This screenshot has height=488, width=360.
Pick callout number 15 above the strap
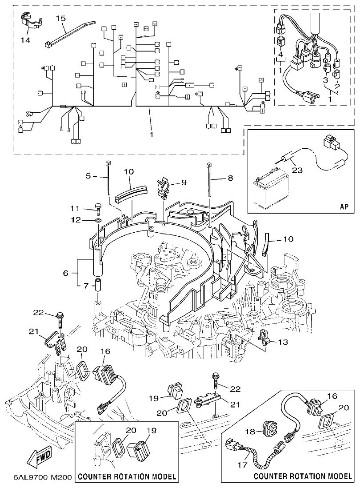60,18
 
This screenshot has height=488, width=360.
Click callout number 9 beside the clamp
183,182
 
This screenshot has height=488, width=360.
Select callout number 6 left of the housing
66,273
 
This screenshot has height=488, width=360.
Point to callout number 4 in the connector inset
280,54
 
